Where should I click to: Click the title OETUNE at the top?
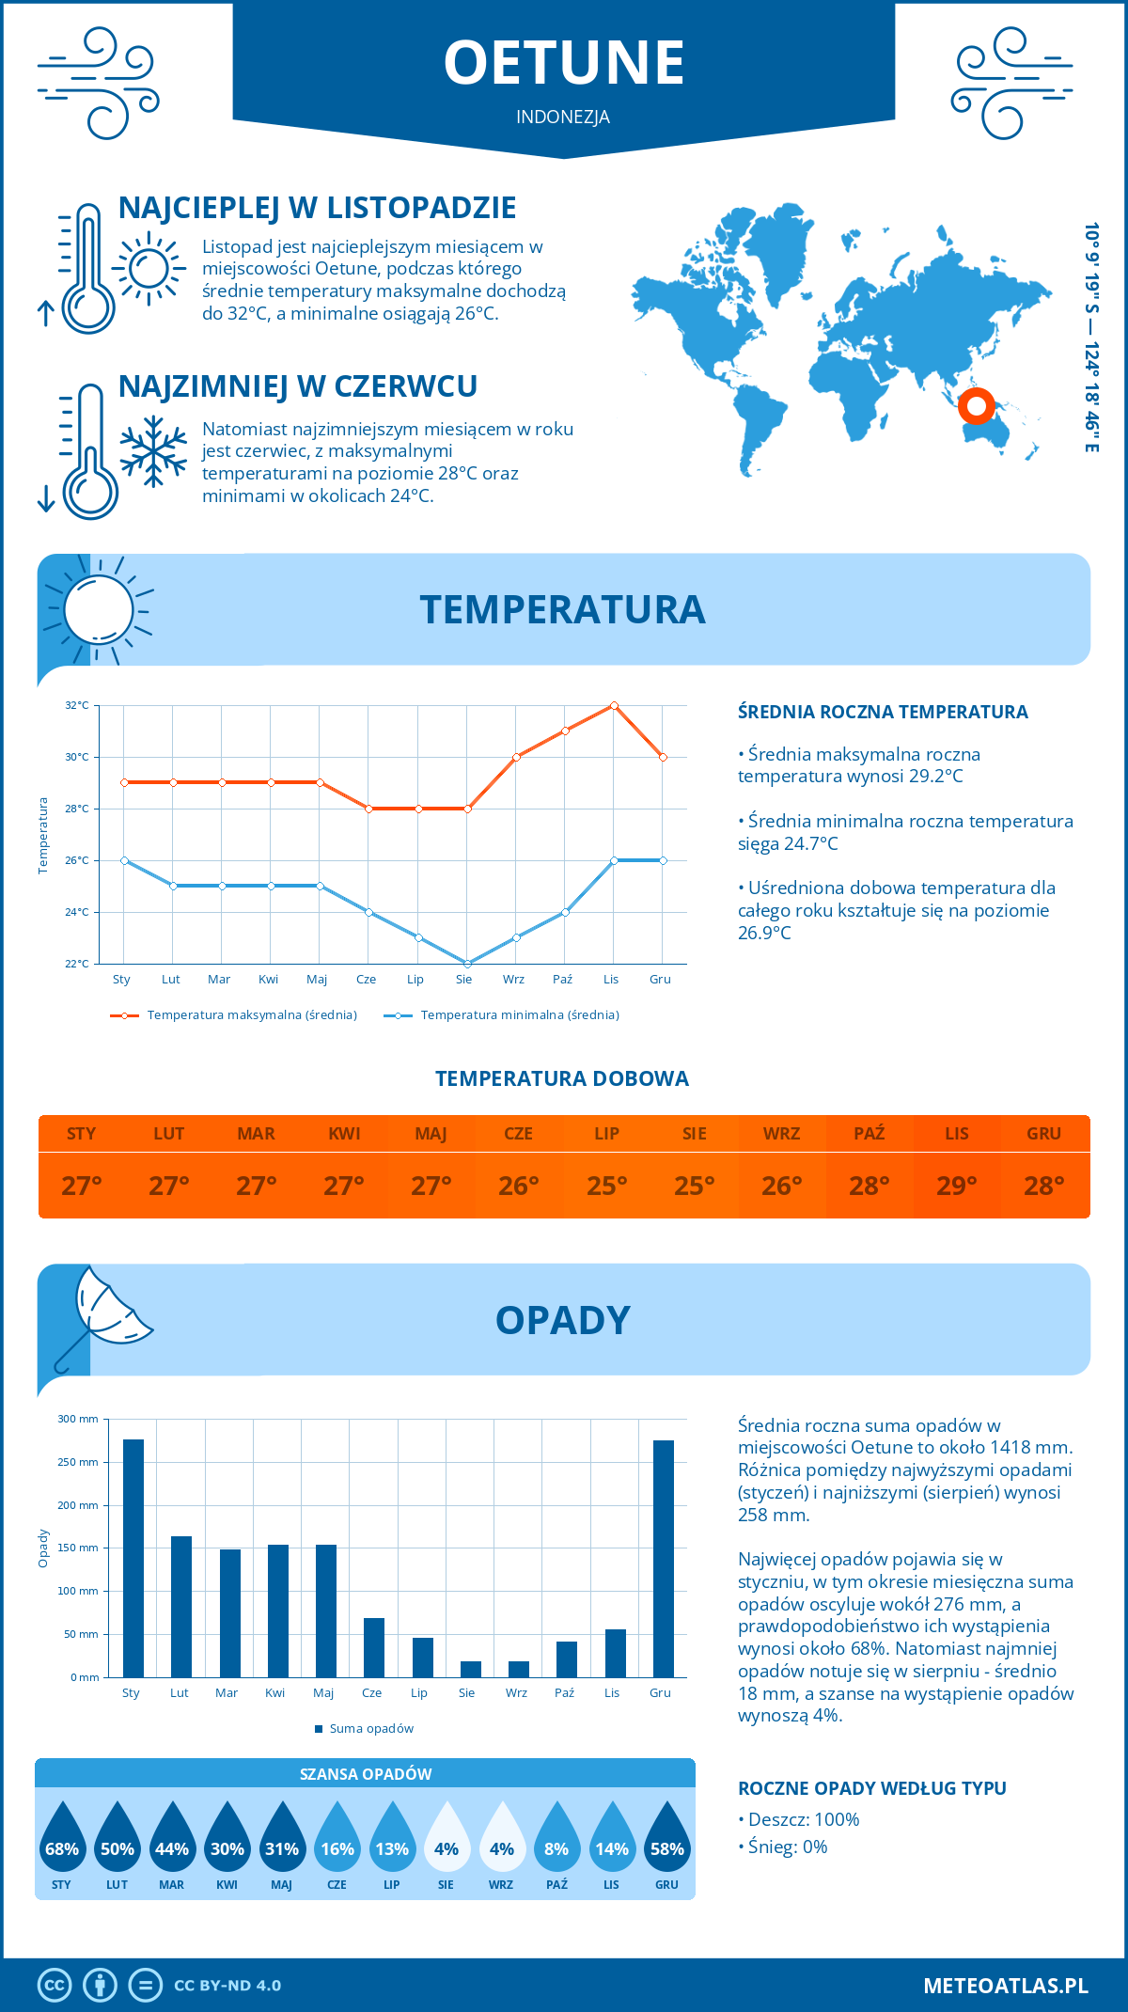pyautogui.click(x=564, y=63)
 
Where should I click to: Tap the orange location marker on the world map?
pyautogui.click(x=977, y=406)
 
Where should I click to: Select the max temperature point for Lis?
pyautogui.click(x=614, y=705)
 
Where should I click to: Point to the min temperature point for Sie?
pyautogui.click(x=467, y=964)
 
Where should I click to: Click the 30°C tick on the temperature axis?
pyautogui.click(x=77, y=757)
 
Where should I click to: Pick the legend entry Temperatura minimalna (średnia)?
pyautogui.click(x=519, y=1015)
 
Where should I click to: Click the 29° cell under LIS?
pyautogui.click(x=956, y=1186)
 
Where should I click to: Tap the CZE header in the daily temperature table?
pyautogui.click(x=518, y=1134)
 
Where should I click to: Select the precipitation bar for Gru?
pyautogui.click(x=664, y=1558)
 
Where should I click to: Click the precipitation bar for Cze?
pyautogui.click(x=374, y=1647)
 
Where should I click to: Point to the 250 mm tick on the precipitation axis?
pyautogui.click(x=78, y=1462)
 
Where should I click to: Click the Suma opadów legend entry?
pyautogui.click(x=371, y=1729)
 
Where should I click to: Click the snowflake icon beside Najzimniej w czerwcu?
pyautogui.click(x=153, y=451)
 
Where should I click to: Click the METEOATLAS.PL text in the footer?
pyautogui.click(x=1006, y=1986)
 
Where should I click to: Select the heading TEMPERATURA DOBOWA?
pyautogui.click(x=562, y=1079)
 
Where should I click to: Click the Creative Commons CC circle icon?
pyautogui.click(x=55, y=1986)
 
